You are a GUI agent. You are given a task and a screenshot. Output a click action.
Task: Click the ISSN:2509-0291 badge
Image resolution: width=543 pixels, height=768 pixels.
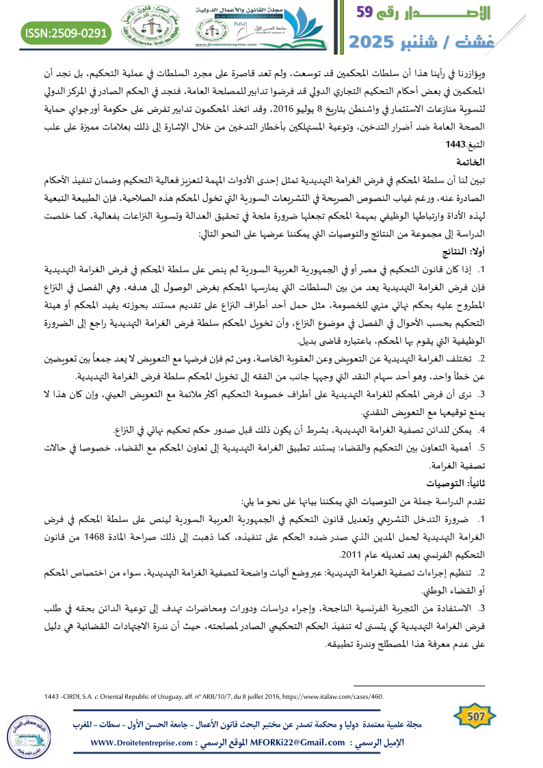click(67, 32)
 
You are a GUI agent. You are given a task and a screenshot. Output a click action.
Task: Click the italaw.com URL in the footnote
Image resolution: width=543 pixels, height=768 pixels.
click(334, 697)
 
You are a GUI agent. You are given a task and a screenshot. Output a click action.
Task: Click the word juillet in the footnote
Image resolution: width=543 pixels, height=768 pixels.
click(265, 697)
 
